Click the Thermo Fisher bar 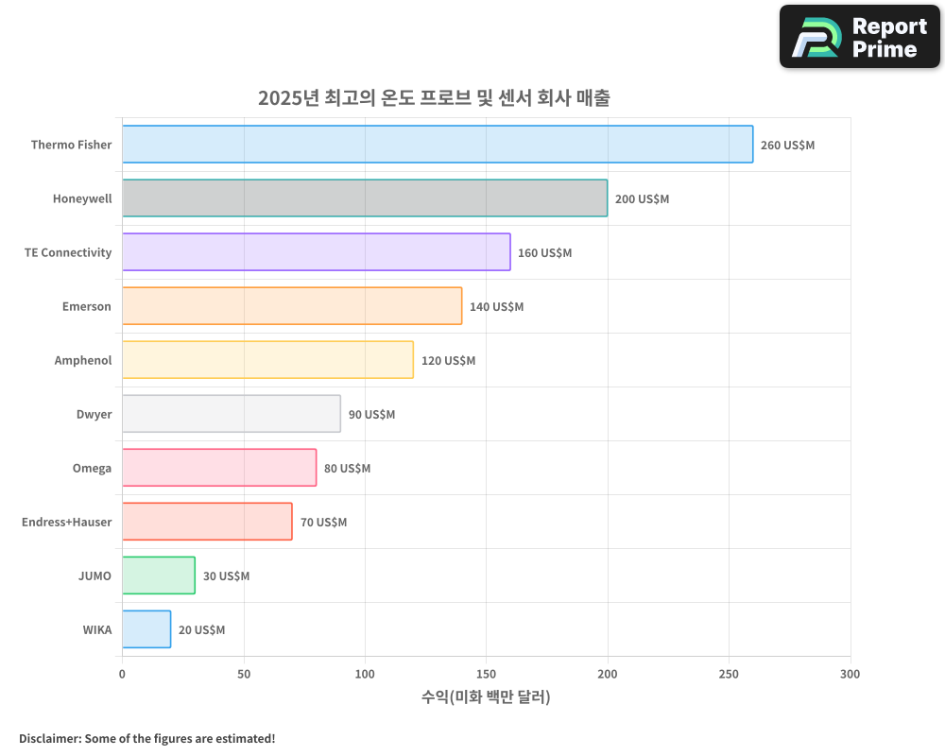coord(438,145)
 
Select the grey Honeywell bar coord(365,198)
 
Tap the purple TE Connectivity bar coord(316,252)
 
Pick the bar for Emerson coord(292,306)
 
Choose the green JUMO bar coord(159,576)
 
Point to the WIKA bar coord(146,629)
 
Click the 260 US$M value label coord(787,146)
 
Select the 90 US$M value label coord(371,415)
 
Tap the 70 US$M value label coord(323,523)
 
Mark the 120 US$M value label coord(448,361)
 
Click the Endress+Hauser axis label coord(66,523)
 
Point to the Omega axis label coord(92,469)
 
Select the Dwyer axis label coord(94,415)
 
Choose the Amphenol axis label coord(83,361)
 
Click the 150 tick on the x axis coord(486,674)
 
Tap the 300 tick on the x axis coord(850,674)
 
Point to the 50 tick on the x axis coord(244,674)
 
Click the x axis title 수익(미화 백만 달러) coord(486,697)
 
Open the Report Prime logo coord(859,37)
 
